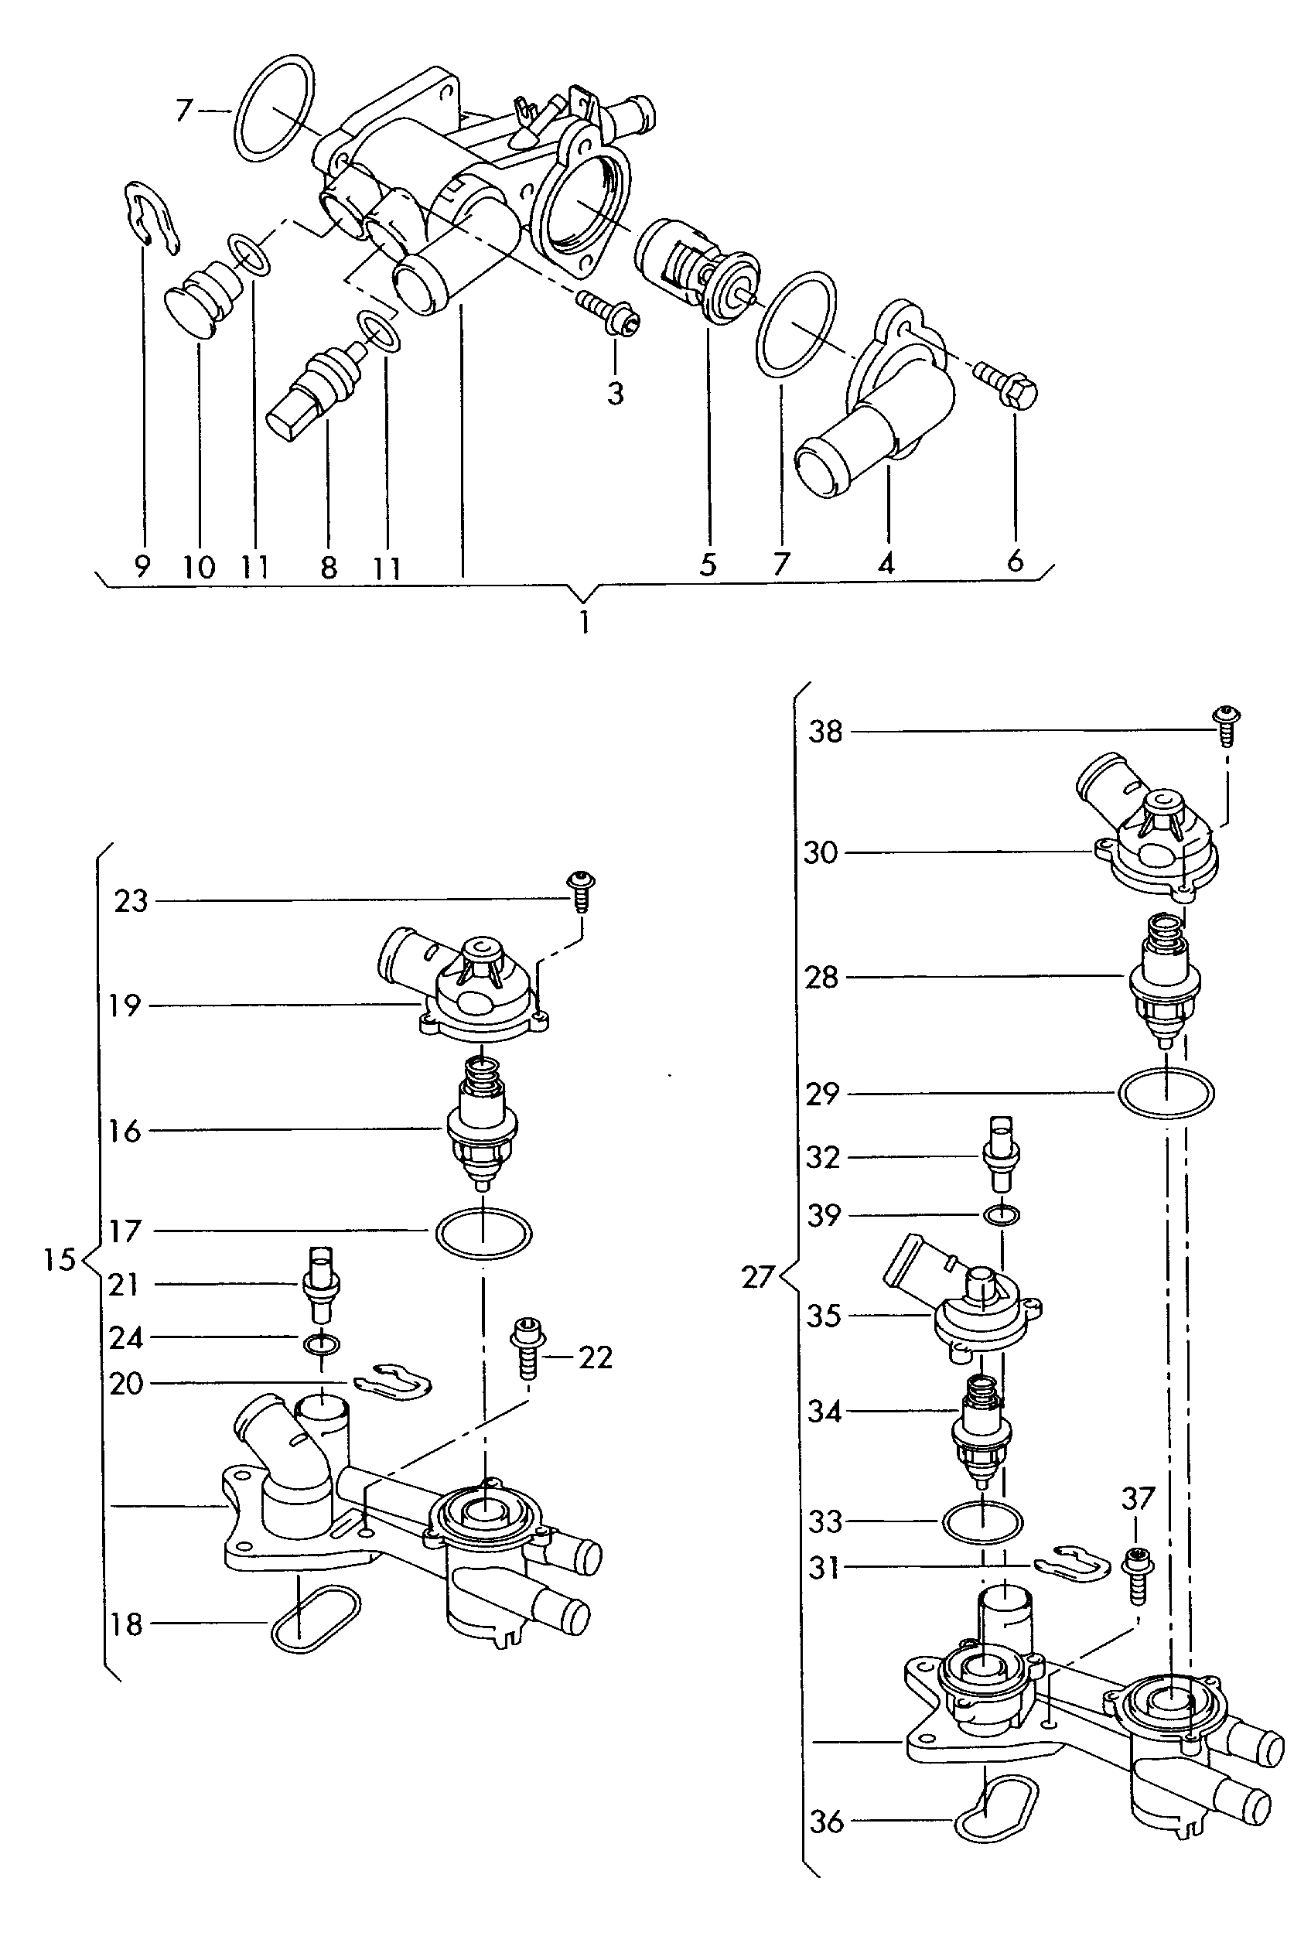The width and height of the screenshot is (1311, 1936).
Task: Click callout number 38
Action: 825,732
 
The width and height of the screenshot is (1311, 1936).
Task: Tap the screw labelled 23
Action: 581,890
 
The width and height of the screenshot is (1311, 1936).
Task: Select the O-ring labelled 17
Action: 483,1231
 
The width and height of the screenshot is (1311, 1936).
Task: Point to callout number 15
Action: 59,1259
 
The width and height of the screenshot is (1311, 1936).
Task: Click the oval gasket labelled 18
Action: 315,1619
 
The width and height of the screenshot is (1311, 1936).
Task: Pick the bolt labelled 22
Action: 527,1349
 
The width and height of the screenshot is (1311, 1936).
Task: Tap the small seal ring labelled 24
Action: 322,1341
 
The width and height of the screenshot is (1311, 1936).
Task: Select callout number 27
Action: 757,1276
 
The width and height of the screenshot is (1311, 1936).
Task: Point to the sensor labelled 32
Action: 1001,1153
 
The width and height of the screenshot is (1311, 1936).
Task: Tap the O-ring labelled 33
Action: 983,1521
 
